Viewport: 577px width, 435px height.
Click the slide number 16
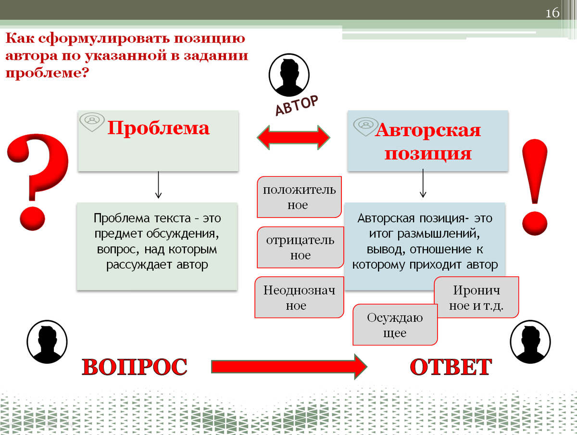[x=552, y=13]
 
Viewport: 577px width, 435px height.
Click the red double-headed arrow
[x=293, y=137]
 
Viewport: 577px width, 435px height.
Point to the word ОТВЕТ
[x=451, y=367]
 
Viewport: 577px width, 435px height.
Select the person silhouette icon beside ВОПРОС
[x=47, y=342]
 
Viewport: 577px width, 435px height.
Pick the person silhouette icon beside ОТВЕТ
[x=530, y=342]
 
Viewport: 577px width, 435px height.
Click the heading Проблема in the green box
[x=158, y=128]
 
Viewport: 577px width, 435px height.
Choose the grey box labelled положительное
[x=299, y=197]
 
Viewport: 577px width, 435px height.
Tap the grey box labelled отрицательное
[x=300, y=247]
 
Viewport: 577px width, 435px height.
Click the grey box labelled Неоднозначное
[x=299, y=297]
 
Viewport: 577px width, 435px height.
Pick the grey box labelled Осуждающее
[x=395, y=325]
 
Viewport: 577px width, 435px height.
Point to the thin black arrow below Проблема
[x=158, y=186]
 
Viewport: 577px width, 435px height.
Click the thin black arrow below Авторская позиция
[x=423, y=184]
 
